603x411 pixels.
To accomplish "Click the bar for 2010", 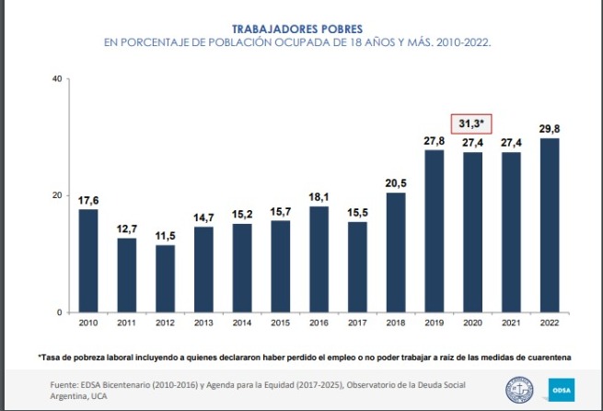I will pyautogui.click(x=88, y=261).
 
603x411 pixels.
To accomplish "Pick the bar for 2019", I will pyautogui.click(x=434, y=230).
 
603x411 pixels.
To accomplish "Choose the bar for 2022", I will pyautogui.click(x=550, y=225).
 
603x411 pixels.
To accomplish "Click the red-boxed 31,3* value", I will pyautogui.click(x=472, y=123).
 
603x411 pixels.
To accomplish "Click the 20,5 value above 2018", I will pyautogui.click(x=396, y=183).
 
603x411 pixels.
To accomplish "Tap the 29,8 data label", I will pyautogui.click(x=550, y=128).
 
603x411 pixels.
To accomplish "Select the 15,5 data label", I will pyautogui.click(x=357, y=213).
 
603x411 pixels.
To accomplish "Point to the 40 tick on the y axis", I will pyautogui.click(x=56, y=79).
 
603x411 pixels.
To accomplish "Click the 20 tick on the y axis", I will pyautogui.click(x=56, y=195).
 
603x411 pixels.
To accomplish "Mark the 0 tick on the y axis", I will pyautogui.click(x=59, y=312).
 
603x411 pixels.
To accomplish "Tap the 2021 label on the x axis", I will pyautogui.click(x=511, y=323).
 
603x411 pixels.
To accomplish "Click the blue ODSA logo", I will pyautogui.click(x=561, y=389).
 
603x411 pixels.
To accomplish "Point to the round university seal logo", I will pyautogui.click(x=520, y=389).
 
